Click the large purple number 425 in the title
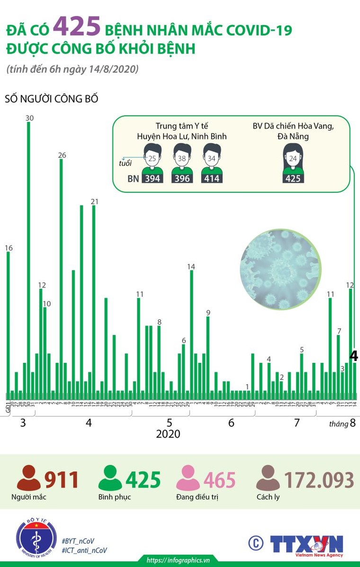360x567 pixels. pos(77,27)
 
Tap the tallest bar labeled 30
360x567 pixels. pos(28,256)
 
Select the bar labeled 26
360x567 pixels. pos(61,275)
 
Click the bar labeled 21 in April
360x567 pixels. pos(94,298)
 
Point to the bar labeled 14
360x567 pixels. pos(191,332)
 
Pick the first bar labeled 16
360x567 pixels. pos(8,322)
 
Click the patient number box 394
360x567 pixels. pos(152,179)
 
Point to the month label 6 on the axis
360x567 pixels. pos(231,423)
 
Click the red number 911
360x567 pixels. pos(62,480)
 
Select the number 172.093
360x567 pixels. pos(319,480)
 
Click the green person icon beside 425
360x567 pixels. pos(110,478)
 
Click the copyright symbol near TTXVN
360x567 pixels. pos(256,543)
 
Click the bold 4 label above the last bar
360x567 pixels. pos(354,356)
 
